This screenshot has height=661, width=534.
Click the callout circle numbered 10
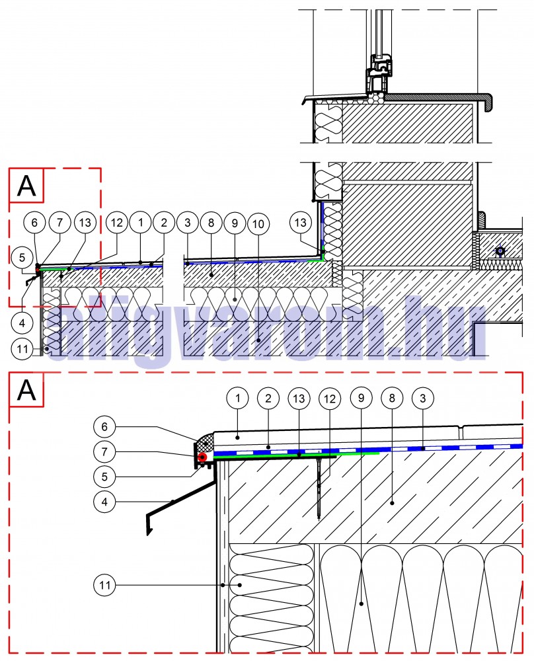coord(258,224)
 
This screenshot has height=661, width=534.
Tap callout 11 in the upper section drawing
coord(22,346)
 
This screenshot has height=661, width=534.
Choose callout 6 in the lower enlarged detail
coord(104,426)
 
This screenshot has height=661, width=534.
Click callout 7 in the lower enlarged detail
coord(104,451)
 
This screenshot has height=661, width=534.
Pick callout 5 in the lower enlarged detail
coord(104,475)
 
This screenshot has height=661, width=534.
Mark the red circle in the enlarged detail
coord(202,457)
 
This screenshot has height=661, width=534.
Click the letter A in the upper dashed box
coord(26,186)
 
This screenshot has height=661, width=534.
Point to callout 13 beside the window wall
coord(301,224)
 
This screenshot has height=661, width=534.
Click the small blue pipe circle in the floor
coord(500,251)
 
